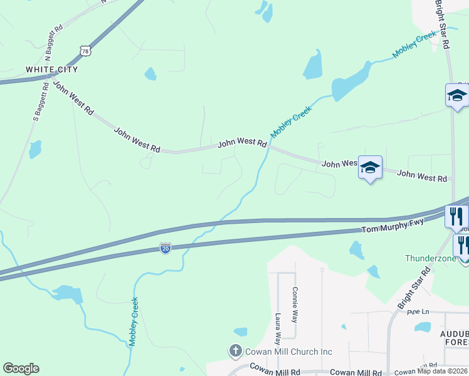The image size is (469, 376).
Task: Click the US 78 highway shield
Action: [x=85, y=50]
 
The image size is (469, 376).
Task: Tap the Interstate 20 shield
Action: [x=165, y=249]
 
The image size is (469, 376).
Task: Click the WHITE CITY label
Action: [x=51, y=69]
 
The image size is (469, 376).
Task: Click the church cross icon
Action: [x=235, y=351]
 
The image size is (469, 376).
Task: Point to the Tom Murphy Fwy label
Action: [x=393, y=225]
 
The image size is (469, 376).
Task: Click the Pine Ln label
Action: [x=417, y=311]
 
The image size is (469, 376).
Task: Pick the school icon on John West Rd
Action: [x=370, y=167]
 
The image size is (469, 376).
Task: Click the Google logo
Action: [x=21, y=368]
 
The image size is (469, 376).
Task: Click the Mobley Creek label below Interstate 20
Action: [x=134, y=321]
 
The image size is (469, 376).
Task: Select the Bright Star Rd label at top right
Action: [x=443, y=25]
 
